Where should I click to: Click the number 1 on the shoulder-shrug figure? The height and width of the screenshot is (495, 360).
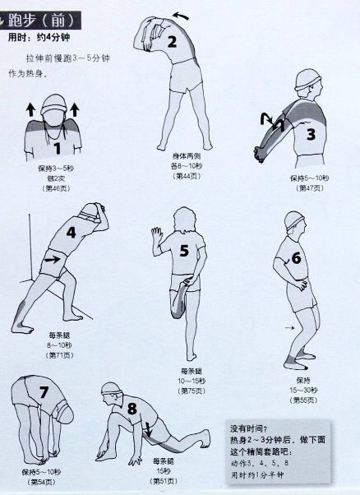coord(58,149)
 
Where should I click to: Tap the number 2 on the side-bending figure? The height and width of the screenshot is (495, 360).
coord(173,42)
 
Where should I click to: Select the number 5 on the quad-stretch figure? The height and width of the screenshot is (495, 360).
coord(184,250)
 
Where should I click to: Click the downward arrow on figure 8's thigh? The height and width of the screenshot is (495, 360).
coord(149,429)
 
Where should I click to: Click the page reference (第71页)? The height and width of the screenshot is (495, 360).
coord(58,354)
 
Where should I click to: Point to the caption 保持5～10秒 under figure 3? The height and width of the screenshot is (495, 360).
coord(309,178)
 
